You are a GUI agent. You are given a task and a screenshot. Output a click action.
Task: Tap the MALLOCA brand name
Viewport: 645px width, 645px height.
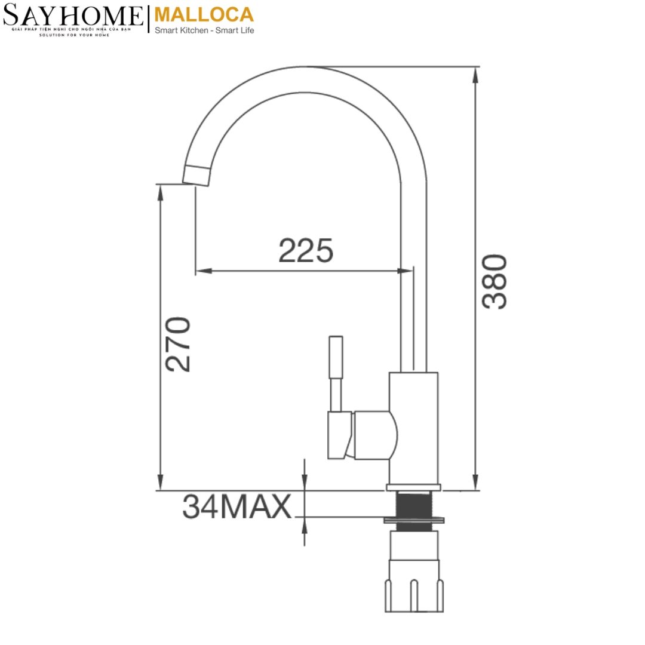pos(204,14)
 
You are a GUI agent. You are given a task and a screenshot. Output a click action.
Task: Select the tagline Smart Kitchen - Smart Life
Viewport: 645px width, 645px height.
pos(204,30)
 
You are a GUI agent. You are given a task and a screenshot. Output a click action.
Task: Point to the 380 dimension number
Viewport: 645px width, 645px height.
pos(494,281)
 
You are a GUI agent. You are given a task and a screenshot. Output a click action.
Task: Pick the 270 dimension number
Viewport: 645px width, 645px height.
pos(178,345)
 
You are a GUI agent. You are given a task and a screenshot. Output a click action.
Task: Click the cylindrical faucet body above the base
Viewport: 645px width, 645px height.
pos(413,427)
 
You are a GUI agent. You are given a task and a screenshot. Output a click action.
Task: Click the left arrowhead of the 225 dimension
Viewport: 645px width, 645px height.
pos(204,271)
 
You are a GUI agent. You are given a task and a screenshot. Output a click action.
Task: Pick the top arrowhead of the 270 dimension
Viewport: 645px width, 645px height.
pos(160,192)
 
